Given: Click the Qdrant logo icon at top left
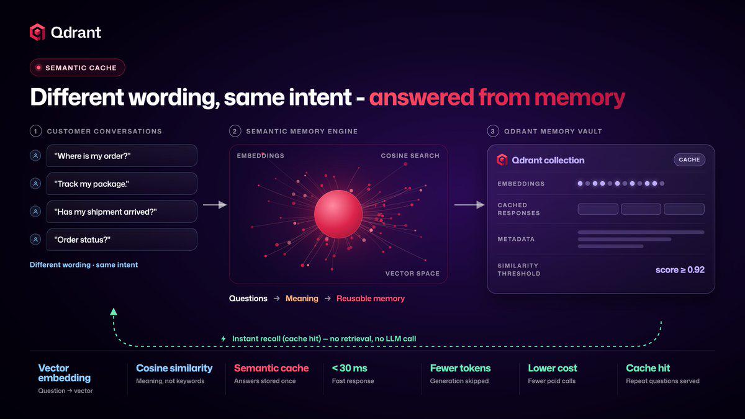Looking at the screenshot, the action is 38,32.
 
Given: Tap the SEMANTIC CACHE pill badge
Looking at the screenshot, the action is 78,68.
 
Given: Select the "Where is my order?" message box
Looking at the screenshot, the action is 122,156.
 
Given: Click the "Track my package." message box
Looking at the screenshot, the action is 122,184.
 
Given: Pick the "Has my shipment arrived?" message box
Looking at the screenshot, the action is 122,212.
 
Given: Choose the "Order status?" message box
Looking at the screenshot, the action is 122,240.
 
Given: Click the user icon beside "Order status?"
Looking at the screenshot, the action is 35,240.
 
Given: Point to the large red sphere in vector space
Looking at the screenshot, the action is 338,214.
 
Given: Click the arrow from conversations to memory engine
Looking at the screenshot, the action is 215,205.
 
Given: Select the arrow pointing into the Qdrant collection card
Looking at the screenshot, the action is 469,205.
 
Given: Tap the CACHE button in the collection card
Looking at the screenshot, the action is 689,160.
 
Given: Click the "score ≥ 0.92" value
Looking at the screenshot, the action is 680,269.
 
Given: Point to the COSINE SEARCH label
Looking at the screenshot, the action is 410,156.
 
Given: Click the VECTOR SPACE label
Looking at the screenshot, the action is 412,273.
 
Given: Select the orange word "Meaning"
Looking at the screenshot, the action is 302,299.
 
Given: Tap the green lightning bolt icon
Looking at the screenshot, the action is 223,338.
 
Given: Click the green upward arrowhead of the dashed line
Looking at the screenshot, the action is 114,312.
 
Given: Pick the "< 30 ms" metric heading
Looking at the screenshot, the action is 350,368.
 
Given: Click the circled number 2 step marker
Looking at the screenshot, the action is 235,132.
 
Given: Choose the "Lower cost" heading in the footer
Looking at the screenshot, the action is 553,368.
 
